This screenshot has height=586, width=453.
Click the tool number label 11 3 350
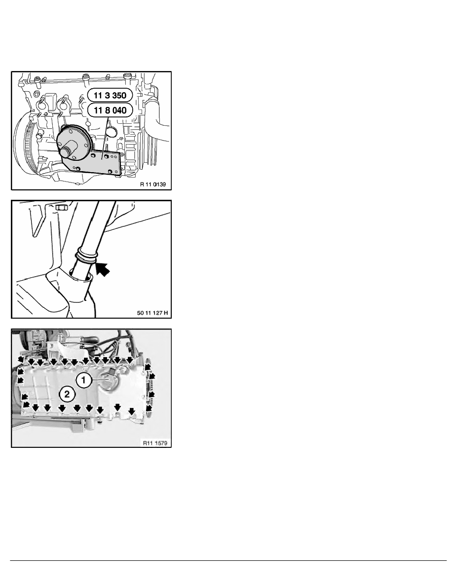click(110, 95)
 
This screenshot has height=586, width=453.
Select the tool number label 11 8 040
click(110, 110)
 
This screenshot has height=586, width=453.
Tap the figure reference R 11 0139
click(153, 184)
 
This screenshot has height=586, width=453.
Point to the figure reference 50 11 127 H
click(152, 313)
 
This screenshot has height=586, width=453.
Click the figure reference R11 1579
click(155, 443)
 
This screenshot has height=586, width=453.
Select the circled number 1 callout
click(84, 380)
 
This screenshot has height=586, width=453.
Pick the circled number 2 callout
click(67, 394)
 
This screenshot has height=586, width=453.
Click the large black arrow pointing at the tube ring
click(103, 269)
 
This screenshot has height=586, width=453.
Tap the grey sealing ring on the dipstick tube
click(86, 255)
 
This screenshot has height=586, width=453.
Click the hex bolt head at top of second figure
click(59, 207)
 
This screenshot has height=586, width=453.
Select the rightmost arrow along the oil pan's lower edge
click(132, 411)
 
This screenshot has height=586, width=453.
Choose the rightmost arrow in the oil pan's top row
click(129, 360)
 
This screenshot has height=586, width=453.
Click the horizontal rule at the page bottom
click(228, 560)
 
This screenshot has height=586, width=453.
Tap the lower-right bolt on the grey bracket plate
click(110, 171)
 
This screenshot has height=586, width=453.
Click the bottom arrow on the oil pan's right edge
click(149, 408)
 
